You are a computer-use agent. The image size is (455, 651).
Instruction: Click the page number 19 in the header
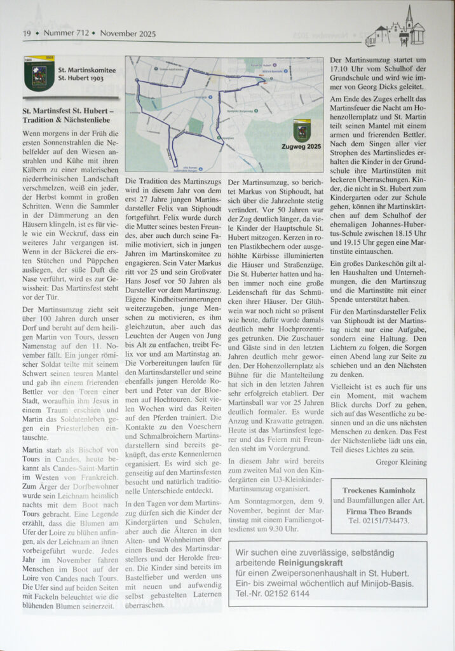click(27, 34)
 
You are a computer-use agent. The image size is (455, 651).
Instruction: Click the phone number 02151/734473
click(379, 521)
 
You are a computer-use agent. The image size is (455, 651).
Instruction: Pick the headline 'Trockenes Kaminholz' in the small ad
click(378, 490)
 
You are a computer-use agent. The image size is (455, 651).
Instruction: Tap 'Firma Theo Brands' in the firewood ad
click(378, 511)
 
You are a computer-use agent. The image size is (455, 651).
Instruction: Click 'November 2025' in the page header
click(128, 34)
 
